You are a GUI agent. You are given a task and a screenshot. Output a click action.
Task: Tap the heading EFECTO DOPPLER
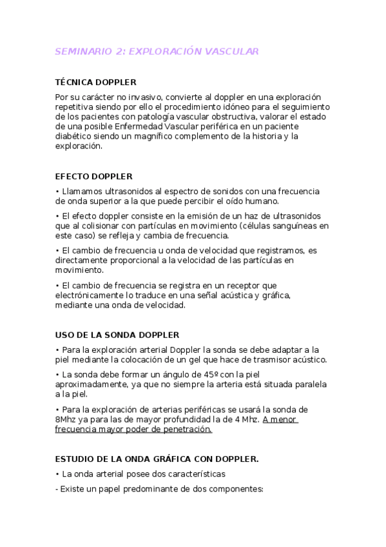[93, 176]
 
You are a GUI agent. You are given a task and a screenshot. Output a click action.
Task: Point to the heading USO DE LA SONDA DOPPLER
[117, 335]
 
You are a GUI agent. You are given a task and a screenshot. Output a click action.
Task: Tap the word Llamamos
[81, 191]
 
